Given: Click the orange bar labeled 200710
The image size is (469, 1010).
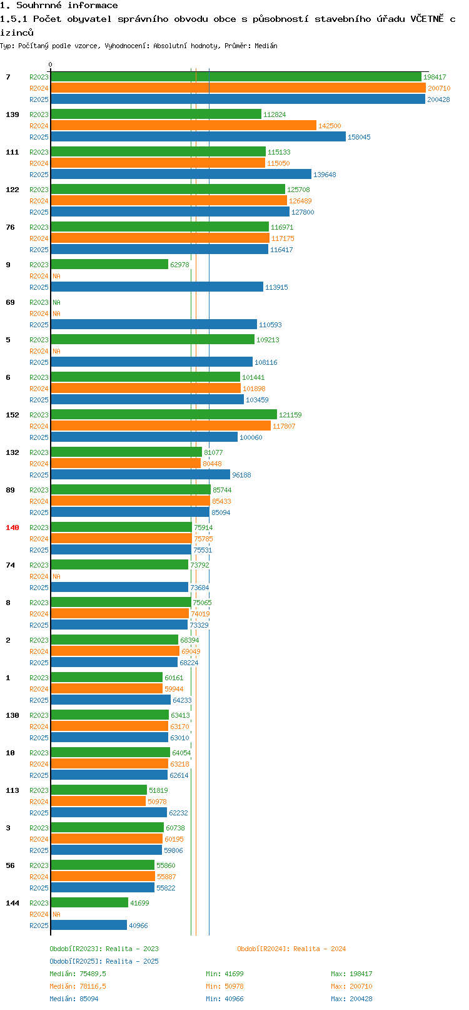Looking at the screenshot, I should [x=238, y=88].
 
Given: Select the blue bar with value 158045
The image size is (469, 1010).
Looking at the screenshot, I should [x=198, y=137].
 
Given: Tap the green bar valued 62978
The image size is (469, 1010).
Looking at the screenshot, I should [x=109, y=265].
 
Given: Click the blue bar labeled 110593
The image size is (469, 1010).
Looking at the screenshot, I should [x=154, y=325].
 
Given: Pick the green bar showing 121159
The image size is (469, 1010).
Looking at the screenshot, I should [x=164, y=415].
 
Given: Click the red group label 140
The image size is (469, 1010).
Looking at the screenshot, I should [x=13, y=528].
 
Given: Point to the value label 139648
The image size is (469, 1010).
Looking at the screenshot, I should [x=325, y=175].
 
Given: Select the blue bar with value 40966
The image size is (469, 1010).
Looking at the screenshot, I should [x=89, y=926].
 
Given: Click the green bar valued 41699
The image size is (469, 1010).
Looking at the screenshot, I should [x=89, y=903].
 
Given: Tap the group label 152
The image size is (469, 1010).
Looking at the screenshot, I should [x=13, y=415].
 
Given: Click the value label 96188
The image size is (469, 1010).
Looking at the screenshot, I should [x=241, y=475].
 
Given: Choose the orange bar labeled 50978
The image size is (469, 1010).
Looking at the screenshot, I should [x=98, y=802].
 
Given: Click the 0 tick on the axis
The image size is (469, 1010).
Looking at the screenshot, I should [x=51, y=64].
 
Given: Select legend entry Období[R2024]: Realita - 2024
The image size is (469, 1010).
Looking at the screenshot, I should [x=291, y=949].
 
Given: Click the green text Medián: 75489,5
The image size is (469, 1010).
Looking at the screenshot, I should [x=78, y=974].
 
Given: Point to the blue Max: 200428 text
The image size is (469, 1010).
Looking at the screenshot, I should [x=351, y=999].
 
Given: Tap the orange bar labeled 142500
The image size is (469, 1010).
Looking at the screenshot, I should [x=183, y=126].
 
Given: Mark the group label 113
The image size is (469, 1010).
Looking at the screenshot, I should [x=13, y=790].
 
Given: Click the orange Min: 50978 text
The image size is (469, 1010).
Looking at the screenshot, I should [x=224, y=986].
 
